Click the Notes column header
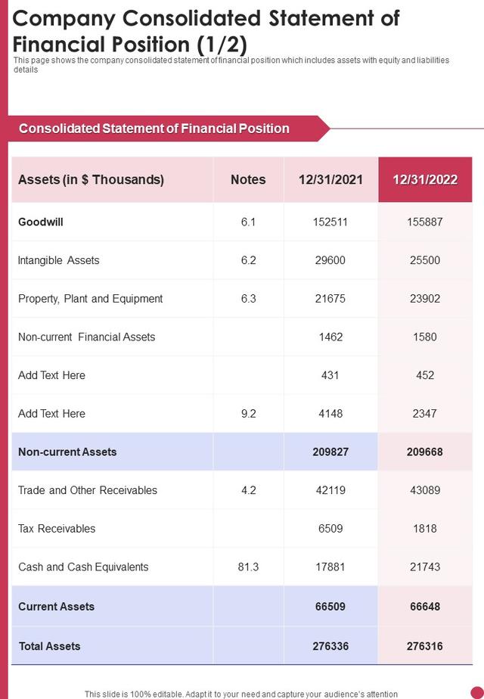248,179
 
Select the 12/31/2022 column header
425,179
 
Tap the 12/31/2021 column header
330,179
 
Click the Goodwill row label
41,222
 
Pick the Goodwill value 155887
425,222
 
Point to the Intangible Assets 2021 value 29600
330,260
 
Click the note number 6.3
248,299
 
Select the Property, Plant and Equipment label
91,299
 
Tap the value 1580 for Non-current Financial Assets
425,337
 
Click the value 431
330,375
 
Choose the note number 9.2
248,414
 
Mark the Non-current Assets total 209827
330,452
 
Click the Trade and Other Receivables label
88,490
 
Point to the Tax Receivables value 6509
330,529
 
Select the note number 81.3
248,567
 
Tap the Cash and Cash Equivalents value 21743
425,567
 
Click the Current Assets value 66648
425,607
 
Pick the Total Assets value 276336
330,646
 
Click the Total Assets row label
49,646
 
